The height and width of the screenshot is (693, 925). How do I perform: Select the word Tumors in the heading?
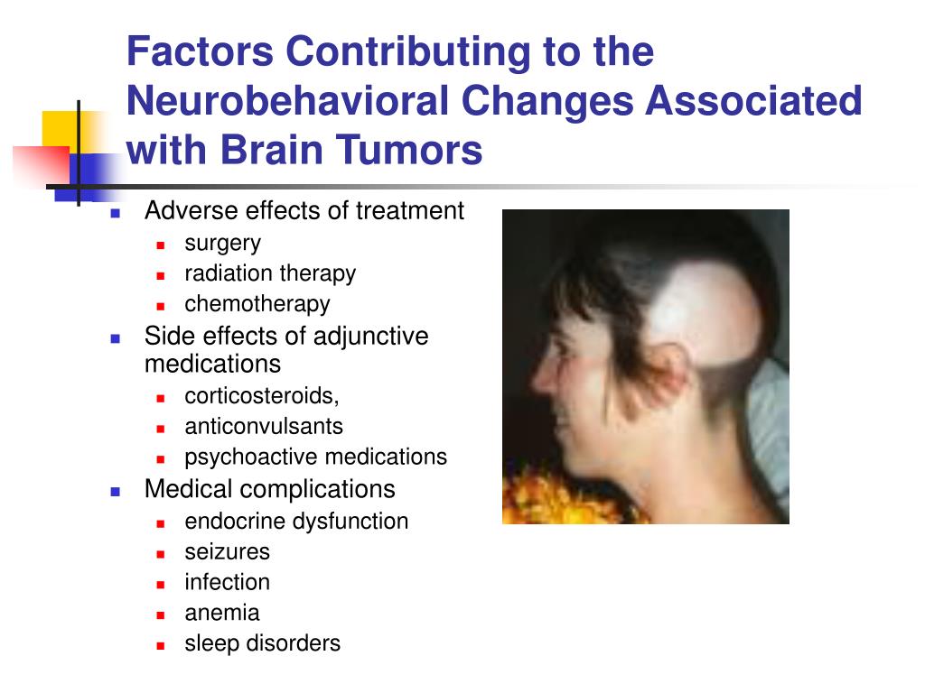point(409,150)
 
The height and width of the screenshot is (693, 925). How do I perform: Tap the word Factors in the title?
point(201,51)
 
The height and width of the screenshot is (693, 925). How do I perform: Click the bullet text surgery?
point(222,244)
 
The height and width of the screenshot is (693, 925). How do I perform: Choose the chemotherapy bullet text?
point(257,304)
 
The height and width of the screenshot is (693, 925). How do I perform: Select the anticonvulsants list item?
point(264,426)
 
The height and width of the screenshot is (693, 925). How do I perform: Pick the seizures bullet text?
point(227,552)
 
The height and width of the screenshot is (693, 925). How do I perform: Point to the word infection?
point(227,582)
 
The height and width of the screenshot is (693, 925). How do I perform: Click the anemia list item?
point(222,614)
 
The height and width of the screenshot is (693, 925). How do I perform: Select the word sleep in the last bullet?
point(211,643)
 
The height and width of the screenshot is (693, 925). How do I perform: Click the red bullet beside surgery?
point(161,245)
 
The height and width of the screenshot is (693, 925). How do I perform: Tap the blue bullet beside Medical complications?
point(116,492)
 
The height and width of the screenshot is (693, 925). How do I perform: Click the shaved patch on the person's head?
point(705,312)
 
